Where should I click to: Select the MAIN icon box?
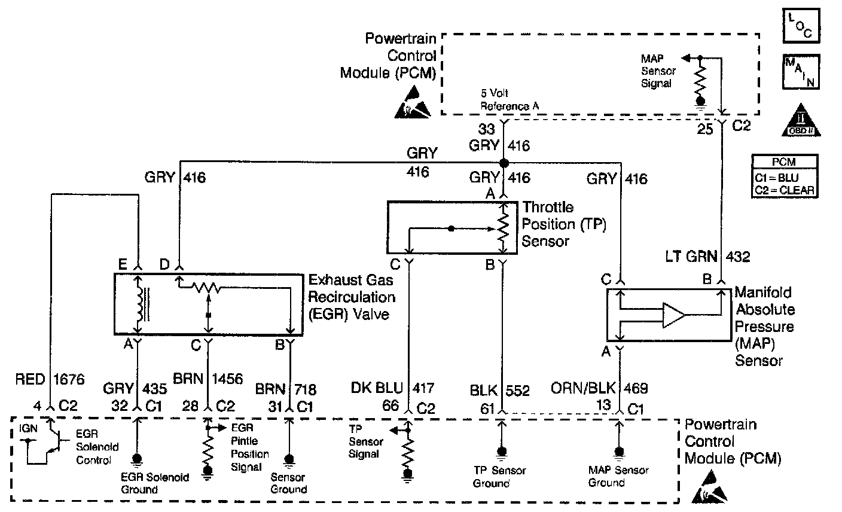pos(800,71)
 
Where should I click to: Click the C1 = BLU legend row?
pos(784,178)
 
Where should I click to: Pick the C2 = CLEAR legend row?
pos(784,190)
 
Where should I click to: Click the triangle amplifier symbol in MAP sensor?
pos(673,315)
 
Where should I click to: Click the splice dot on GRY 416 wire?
pos(504,163)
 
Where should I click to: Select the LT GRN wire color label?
pos(692,257)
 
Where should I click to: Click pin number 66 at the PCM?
pos(391,406)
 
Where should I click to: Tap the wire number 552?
pos(518,391)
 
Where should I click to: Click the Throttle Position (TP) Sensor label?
pos(564,224)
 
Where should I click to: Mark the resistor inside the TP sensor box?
pos(503,227)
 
